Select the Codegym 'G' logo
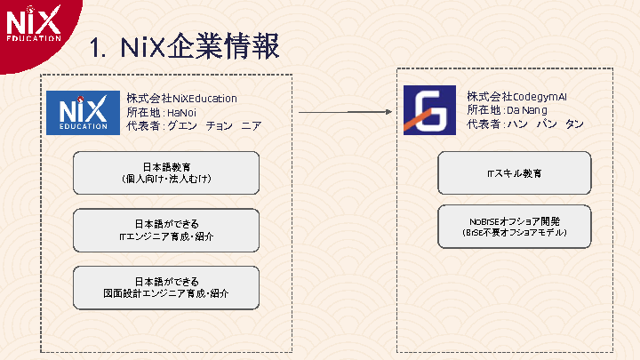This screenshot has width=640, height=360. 429,110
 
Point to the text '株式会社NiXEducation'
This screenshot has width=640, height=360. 181,98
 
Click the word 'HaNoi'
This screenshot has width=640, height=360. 181,112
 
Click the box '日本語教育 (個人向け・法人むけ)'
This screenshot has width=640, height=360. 165,172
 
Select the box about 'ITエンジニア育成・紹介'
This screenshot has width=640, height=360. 165,230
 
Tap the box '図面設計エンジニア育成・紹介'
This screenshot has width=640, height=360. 165,287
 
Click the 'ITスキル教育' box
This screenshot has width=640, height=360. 514,172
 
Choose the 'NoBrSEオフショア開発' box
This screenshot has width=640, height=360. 514,226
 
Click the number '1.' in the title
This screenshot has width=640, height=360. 99,46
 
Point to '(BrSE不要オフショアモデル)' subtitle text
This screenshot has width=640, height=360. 514,233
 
